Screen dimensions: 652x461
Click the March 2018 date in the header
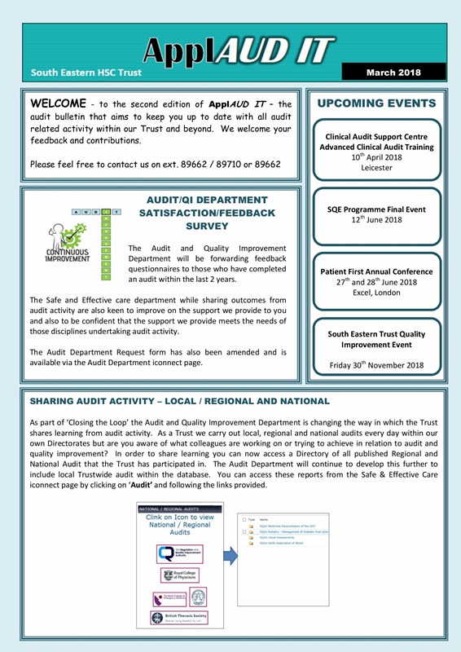tap(393, 73)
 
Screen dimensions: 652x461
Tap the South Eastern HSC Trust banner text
tap(86, 73)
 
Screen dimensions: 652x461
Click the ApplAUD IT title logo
tap(237, 52)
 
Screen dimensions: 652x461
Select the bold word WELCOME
tap(57, 105)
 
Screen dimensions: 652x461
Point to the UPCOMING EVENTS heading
tap(376, 104)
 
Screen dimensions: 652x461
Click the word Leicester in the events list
tap(376, 167)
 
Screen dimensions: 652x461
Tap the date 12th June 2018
tap(376, 220)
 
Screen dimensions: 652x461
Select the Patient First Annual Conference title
tap(376, 271)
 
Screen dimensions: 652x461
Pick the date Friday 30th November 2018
tap(376, 365)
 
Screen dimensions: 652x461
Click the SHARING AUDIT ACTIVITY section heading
tap(179, 402)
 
